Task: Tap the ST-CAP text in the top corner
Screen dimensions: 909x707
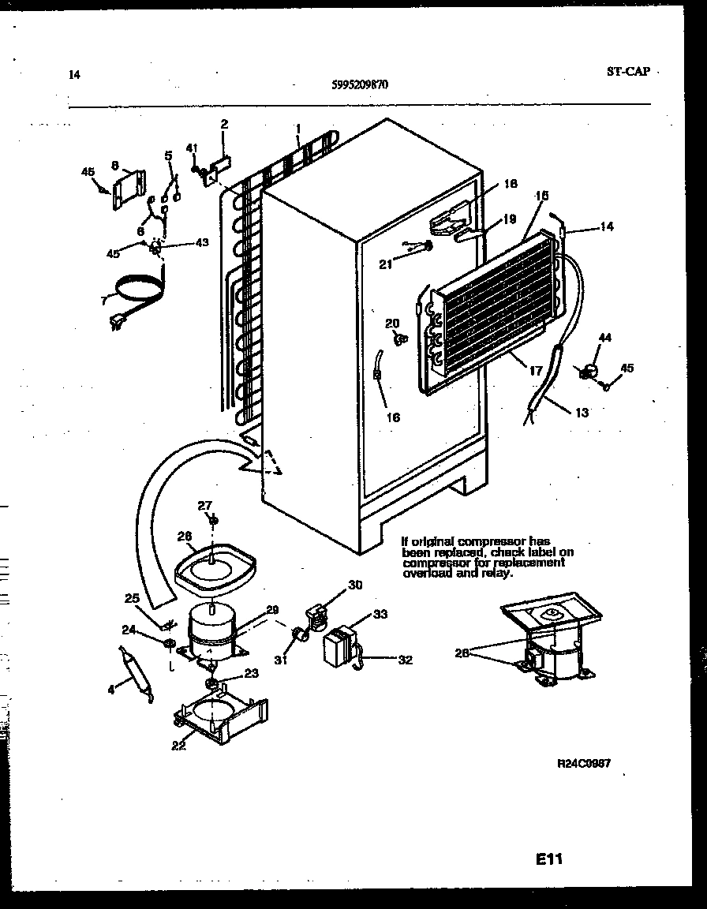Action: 628,72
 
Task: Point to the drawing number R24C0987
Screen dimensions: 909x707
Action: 584,764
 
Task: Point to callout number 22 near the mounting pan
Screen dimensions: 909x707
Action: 179,745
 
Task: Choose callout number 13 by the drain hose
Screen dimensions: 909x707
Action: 582,412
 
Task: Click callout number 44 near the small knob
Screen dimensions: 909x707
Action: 604,338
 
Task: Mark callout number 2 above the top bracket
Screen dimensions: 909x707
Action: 224,124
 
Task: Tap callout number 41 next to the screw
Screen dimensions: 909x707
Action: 192,148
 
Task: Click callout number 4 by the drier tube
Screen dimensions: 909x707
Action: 111,690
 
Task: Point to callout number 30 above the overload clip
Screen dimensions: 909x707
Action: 355,585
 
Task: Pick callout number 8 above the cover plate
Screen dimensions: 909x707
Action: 115,166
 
